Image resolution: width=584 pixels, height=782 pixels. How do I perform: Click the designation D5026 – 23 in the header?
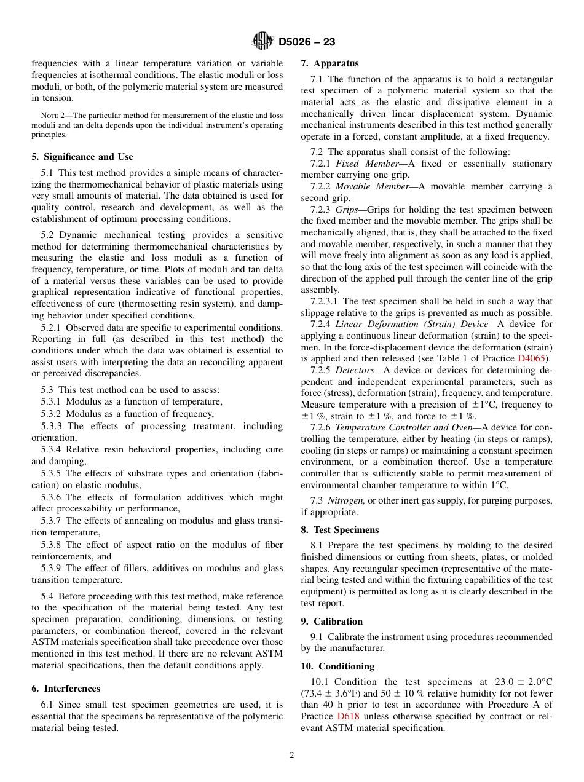[x=307, y=42]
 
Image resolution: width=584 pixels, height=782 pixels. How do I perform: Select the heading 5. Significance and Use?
[x=82, y=157]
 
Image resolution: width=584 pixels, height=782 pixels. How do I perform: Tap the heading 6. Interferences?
[x=66, y=689]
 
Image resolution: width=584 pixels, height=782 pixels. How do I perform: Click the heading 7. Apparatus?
[x=329, y=63]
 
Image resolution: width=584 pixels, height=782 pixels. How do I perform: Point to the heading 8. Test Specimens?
[x=340, y=530]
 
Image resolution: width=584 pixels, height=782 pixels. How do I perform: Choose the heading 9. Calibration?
[x=332, y=622]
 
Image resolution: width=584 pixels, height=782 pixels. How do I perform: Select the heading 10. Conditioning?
[x=337, y=666]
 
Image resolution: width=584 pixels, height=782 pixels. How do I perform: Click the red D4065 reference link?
[x=532, y=358]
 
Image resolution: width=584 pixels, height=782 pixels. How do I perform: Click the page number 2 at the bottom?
[x=292, y=756]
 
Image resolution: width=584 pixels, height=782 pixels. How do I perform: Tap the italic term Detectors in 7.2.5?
[x=355, y=370]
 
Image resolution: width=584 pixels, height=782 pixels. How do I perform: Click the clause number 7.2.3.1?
[x=325, y=301]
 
